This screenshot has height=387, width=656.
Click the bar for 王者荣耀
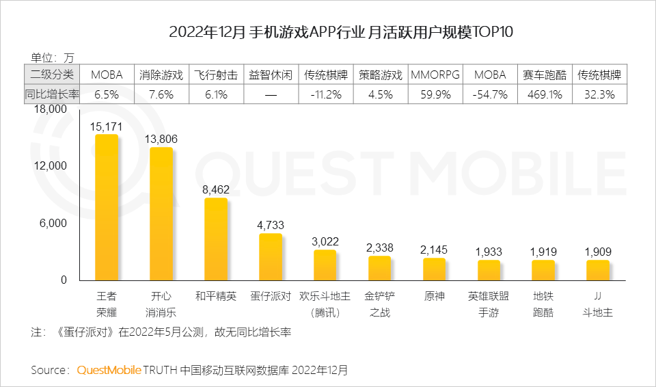[107, 207]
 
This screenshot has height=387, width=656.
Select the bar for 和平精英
[216, 239]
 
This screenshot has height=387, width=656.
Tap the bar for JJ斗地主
[598, 270]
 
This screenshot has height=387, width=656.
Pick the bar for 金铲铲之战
[379, 268]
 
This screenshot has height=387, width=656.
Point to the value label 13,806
[161, 139]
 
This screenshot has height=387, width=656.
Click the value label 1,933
[489, 252]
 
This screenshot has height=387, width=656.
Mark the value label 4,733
[271, 225]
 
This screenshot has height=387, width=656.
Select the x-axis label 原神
[434, 297]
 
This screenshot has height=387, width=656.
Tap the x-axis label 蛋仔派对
[271, 297]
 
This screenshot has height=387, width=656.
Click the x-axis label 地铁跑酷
[543, 304]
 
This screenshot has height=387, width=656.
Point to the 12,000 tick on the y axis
[51, 166]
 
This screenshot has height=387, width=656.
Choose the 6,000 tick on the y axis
[55, 224]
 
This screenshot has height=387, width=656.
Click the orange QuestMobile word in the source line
[109, 370]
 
